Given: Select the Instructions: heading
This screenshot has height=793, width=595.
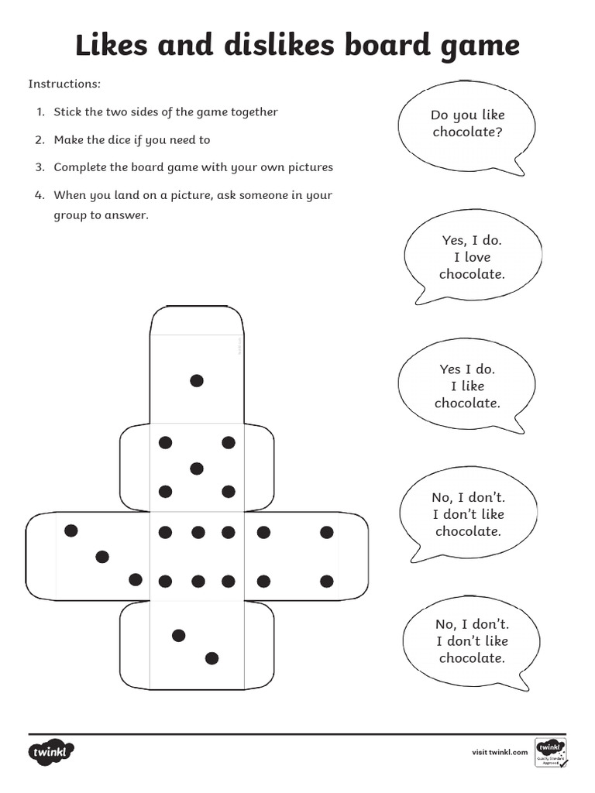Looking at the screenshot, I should pos(65,84).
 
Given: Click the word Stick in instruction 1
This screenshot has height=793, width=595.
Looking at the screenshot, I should pos(67,112).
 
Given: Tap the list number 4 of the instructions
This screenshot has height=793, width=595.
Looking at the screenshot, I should pos(38,196).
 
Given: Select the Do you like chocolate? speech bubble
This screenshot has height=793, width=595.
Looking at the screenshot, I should pos(466,124).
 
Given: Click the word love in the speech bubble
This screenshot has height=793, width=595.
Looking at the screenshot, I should pos(477,257).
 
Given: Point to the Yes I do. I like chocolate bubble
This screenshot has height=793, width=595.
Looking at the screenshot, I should pos(466,386).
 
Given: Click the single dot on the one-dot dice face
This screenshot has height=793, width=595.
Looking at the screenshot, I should pos(197,380).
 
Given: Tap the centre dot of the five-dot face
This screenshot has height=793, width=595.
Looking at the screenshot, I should pos(197,468).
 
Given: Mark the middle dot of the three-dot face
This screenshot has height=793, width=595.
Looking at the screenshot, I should pos(102,556).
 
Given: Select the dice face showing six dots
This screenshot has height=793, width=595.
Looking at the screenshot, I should pos(197,556).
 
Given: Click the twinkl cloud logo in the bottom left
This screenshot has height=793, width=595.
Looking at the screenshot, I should pos(53,752).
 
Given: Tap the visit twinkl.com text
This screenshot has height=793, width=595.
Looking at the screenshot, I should pos(500,752).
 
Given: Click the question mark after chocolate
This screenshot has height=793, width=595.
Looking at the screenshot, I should pos(498,132).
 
